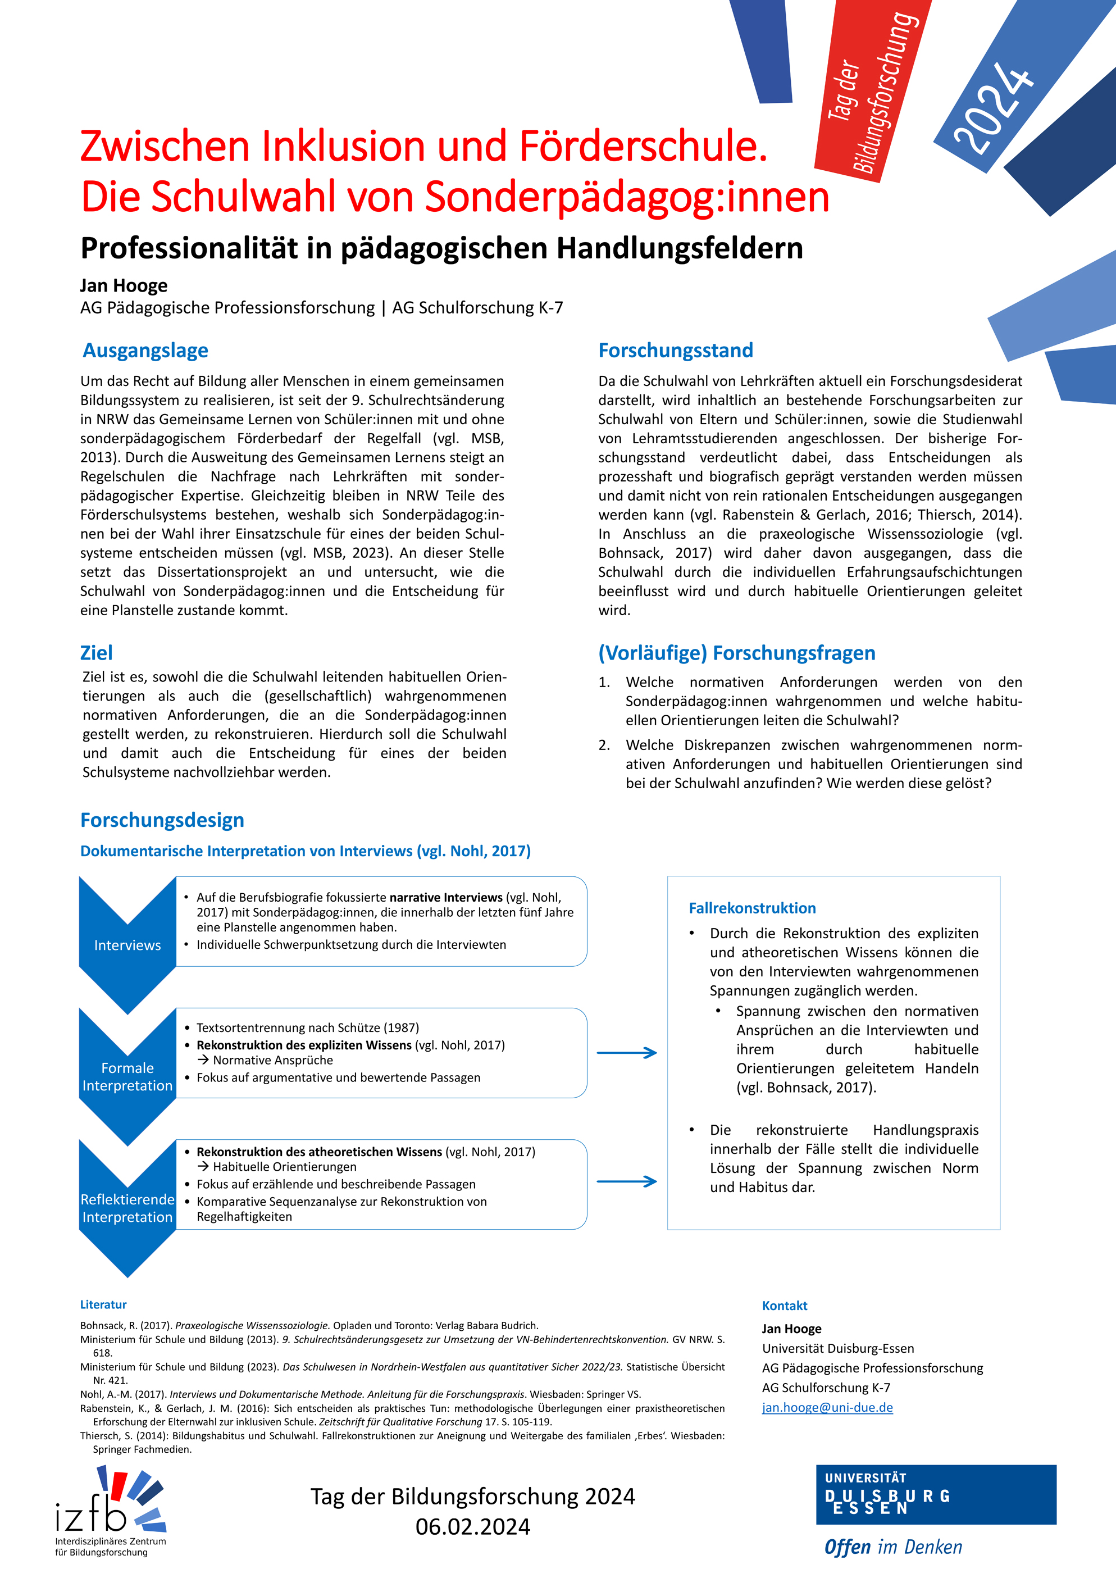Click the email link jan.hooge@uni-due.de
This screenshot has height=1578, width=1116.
point(827,1407)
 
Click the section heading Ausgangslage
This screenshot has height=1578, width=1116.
point(145,351)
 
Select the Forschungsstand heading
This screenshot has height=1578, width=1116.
point(676,351)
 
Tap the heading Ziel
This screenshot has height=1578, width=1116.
point(96,653)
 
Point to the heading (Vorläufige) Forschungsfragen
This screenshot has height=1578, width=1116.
point(737,653)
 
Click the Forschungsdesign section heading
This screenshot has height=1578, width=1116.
point(162,820)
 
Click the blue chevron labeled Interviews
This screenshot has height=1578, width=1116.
point(127,945)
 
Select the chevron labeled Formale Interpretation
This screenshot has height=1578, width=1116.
point(127,1076)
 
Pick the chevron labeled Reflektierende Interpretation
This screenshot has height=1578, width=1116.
point(127,1208)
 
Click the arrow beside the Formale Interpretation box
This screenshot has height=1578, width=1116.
point(627,1053)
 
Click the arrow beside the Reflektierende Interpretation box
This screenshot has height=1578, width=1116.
point(627,1181)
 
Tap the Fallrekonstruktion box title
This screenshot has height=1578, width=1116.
point(752,908)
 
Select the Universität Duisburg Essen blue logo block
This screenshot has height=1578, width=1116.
point(935,1494)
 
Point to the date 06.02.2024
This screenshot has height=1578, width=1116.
point(473,1527)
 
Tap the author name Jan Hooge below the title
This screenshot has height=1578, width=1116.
point(124,285)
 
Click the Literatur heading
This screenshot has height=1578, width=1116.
point(103,1304)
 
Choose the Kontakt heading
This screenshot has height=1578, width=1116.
point(784,1306)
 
